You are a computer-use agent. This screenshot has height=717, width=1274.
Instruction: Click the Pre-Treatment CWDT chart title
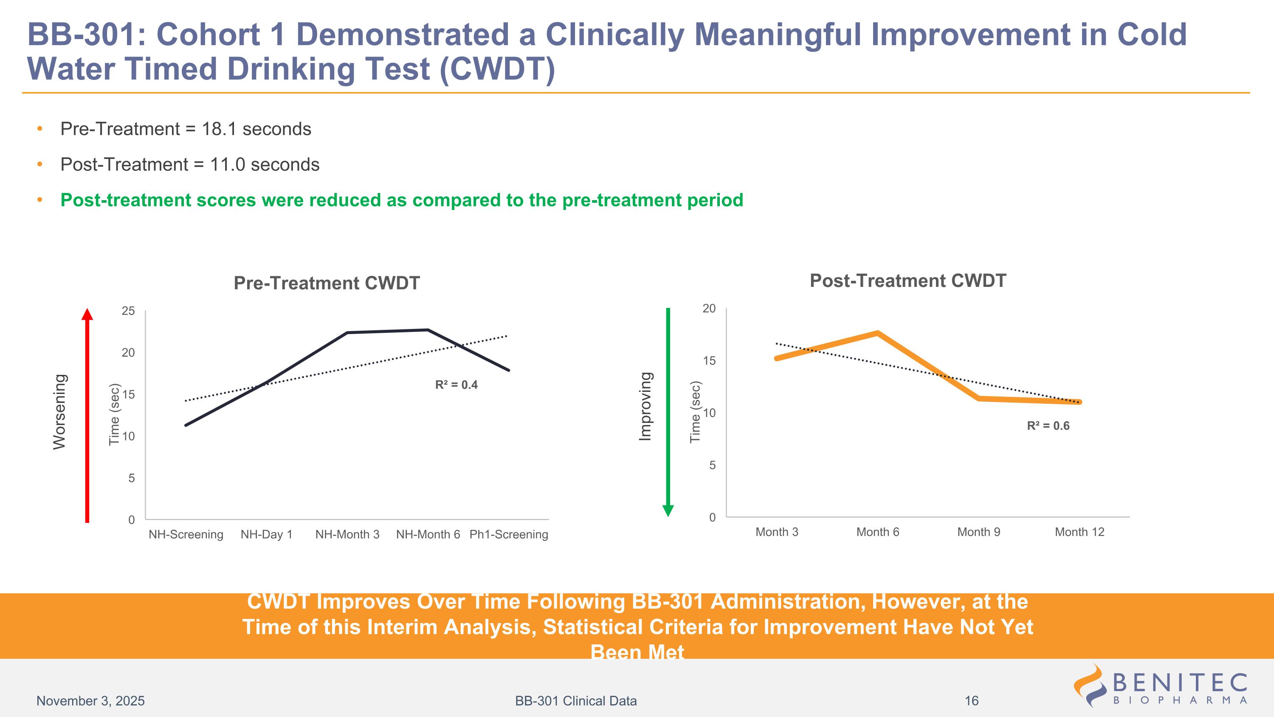327,283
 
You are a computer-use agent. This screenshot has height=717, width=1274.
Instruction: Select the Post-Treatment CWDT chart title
908,281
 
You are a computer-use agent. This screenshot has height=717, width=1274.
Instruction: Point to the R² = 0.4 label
456,385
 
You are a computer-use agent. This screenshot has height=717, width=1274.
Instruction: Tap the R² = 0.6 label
1048,426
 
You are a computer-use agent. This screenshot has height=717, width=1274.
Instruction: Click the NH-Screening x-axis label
186,534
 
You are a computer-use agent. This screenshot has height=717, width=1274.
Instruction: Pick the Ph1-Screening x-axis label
508,534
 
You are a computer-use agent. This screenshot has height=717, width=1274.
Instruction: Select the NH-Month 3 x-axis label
347,534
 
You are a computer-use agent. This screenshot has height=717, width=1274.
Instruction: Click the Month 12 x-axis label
1079,532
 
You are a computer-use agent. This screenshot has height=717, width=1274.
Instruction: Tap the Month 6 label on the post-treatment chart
877,532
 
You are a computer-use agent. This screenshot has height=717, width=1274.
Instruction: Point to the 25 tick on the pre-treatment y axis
129,311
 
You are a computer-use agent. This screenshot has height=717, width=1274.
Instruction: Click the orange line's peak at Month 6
877,333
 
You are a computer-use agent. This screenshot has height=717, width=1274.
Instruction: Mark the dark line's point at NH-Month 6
427,330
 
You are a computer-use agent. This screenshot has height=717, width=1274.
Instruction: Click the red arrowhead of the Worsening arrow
87,315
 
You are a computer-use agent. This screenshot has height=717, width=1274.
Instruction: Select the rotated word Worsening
59,412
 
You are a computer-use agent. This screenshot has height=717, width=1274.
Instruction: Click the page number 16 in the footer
971,701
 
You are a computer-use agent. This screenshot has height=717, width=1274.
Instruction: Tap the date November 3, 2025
90,701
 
